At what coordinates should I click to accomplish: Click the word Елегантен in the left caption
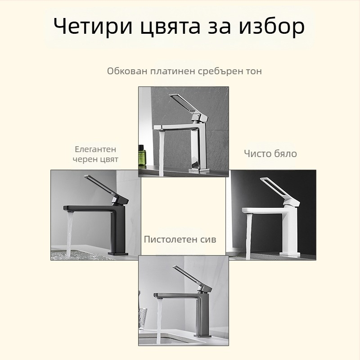coord(95,149)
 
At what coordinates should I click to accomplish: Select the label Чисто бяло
coord(270,153)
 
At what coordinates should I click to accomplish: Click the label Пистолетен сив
coord(180,239)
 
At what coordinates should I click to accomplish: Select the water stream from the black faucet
coord(69,234)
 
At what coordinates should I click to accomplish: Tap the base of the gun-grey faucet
coord(202,335)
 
